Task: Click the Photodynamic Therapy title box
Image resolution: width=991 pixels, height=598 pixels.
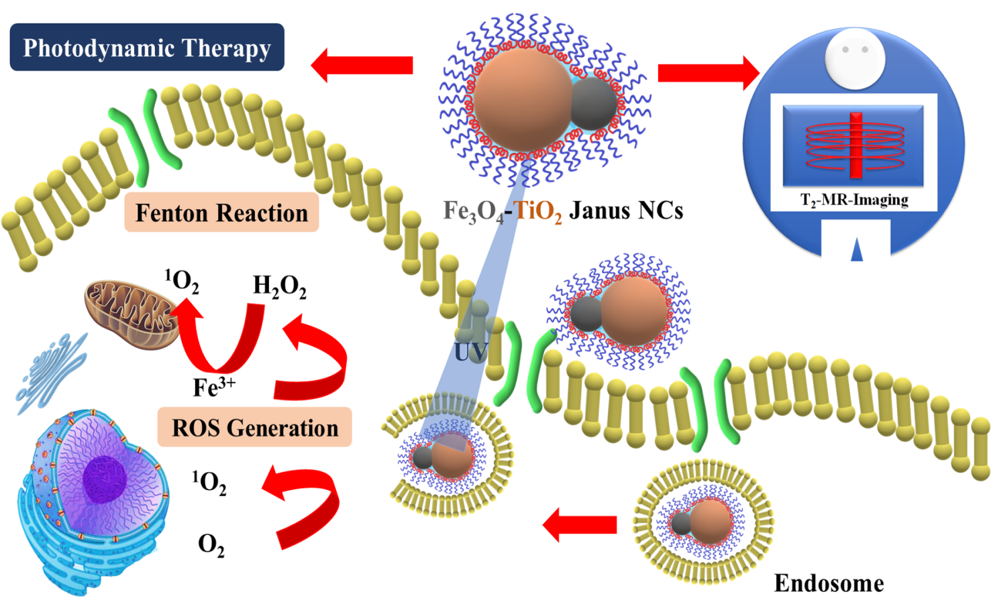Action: coord(147,48)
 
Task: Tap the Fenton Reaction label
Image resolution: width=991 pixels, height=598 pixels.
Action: coord(221,213)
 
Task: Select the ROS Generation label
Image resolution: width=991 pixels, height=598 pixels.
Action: coord(255,427)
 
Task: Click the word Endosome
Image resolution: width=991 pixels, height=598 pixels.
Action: coord(829,583)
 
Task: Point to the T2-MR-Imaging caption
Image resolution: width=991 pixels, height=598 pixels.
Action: coord(853,200)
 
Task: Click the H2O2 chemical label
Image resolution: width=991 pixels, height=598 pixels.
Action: coord(279,286)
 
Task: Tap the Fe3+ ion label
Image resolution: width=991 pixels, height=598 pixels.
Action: coord(214,387)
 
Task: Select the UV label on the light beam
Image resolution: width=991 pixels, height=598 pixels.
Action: coord(470,351)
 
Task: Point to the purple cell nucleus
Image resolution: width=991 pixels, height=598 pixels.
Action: coord(104,479)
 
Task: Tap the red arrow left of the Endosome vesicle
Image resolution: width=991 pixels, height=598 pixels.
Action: coord(580,524)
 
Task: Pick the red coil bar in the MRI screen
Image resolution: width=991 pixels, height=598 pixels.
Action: coord(855,145)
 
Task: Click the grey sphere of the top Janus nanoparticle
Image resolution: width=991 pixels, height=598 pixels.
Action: coord(592,104)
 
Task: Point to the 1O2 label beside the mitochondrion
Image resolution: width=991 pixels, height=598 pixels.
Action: coord(182,281)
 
